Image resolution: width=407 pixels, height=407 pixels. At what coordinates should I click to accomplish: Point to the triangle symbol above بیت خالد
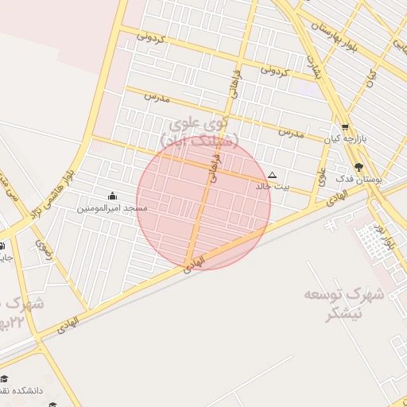(273, 175)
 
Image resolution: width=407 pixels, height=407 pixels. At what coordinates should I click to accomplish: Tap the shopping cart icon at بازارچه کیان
(345, 127)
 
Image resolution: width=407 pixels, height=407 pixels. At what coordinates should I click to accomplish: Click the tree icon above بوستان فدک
(359, 168)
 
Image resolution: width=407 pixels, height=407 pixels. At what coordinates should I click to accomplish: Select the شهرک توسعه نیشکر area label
(344, 304)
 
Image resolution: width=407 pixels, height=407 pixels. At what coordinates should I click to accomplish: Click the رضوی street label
(43, 250)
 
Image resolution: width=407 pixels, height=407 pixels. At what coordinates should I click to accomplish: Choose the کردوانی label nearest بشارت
(273, 71)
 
